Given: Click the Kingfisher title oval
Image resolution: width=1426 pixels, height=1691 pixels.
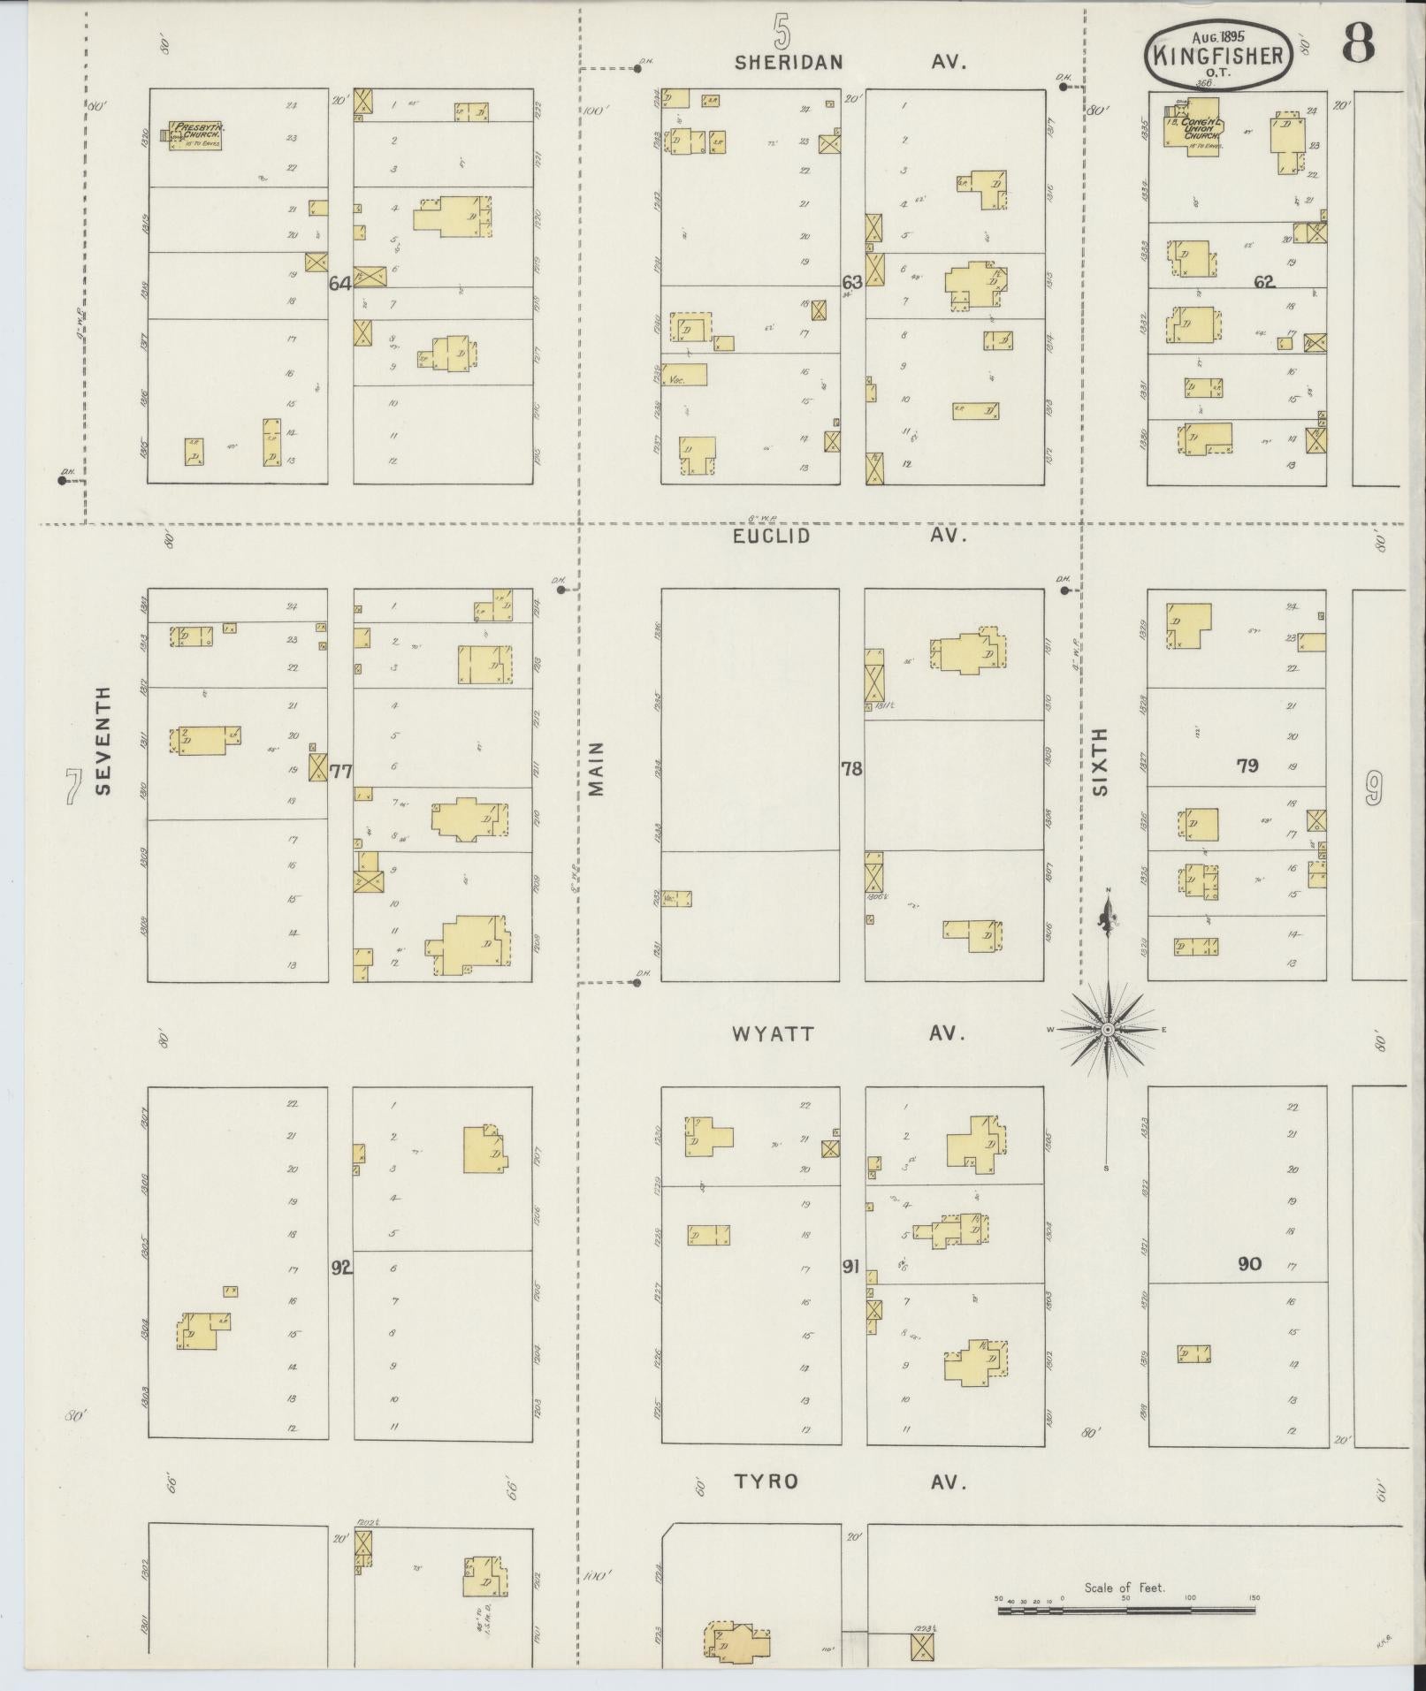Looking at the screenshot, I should [1221, 55].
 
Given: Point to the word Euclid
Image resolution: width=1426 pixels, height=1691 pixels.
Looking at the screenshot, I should [771, 536].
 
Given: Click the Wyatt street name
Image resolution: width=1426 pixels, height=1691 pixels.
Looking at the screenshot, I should [773, 1033].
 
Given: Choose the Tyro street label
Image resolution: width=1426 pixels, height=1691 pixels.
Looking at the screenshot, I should [766, 1482].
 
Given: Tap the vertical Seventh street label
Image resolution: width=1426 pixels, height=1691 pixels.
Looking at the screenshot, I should [104, 741].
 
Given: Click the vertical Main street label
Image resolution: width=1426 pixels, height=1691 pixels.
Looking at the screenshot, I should [597, 768].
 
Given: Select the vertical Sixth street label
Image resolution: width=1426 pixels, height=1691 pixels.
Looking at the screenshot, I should [1100, 762].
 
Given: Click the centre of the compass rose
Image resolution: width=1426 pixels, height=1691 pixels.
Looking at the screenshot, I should [1107, 1031].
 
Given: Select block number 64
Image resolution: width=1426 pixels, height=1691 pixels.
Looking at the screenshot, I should [340, 284].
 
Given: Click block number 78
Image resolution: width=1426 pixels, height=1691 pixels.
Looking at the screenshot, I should [851, 769].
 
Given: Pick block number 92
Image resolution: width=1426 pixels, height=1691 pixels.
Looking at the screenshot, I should [340, 1268].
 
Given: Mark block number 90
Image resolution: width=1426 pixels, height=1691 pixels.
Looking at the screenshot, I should [1249, 1264].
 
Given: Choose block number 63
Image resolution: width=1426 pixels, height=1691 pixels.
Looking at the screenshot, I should [851, 283].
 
